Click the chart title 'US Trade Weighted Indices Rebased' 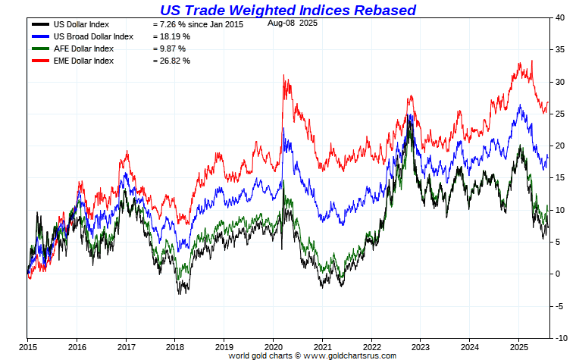pos(287,10)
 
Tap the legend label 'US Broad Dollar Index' pos(94,36)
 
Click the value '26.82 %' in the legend pos(172,61)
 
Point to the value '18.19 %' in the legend pos(172,36)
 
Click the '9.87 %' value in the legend pos(170,49)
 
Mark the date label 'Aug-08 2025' pos(293,23)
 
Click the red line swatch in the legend pos(38,61)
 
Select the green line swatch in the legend pos(38,49)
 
